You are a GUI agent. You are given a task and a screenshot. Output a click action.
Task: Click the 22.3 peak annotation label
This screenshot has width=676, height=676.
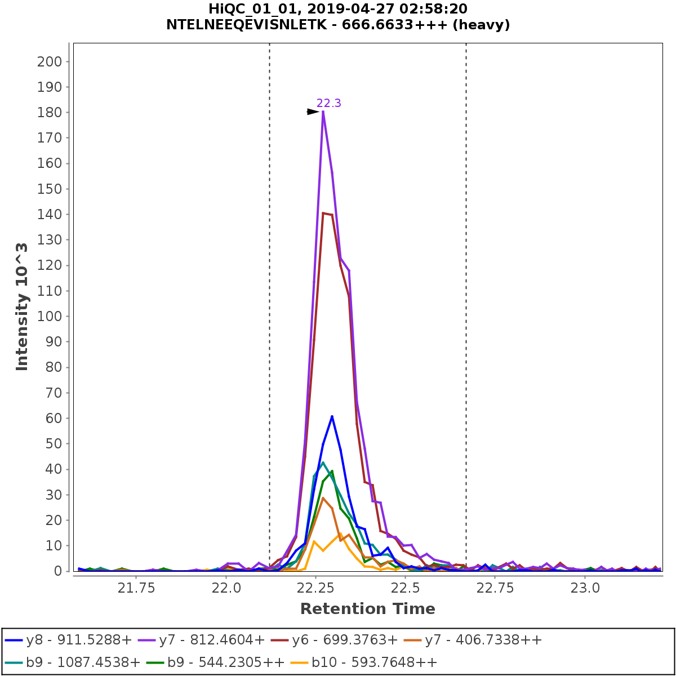(329, 103)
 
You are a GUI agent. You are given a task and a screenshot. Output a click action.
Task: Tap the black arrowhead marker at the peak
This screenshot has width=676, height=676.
(313, 112)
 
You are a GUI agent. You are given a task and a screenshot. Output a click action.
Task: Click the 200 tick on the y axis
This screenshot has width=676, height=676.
(53, 61)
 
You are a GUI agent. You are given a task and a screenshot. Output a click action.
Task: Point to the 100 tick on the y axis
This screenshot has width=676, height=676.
(53, 316)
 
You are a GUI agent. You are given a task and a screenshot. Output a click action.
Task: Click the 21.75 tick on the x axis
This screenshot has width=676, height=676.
(136, 588)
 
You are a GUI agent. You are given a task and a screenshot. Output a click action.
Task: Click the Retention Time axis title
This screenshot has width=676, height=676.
(367, 609)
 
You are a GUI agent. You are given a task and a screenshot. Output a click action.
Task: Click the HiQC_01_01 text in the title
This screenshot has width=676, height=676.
(244, 9)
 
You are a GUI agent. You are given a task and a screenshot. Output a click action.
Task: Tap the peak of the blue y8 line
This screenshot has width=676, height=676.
(332, 416)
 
